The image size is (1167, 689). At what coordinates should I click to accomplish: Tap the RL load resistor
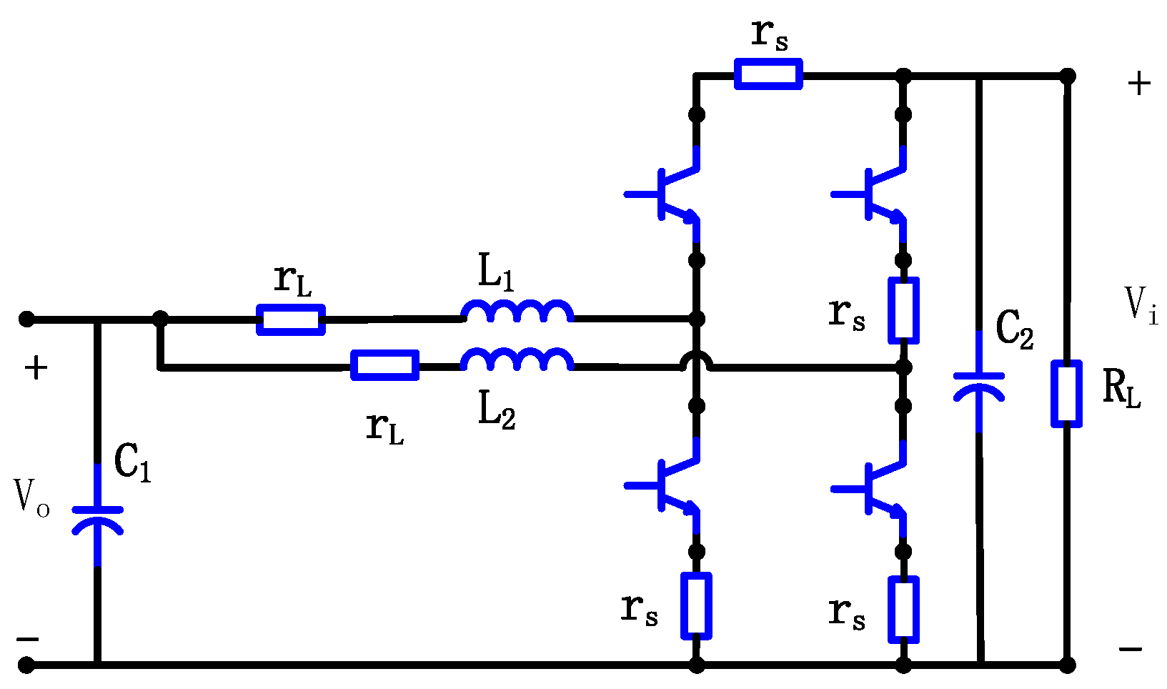1066,394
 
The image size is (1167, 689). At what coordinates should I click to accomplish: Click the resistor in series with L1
291,319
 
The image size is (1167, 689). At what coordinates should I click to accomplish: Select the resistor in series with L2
385,365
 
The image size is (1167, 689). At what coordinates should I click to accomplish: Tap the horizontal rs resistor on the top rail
768,74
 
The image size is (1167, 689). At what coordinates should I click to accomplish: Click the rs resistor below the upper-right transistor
903,311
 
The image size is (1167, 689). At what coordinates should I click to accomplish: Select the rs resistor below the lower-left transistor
697,605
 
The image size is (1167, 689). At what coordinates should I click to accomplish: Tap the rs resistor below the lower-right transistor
903,610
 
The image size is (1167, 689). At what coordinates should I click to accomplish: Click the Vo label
31,497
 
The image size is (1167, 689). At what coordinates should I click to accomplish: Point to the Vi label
1141,305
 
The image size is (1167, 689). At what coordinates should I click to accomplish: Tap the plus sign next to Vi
1139,84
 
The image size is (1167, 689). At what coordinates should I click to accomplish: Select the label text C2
1014,329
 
